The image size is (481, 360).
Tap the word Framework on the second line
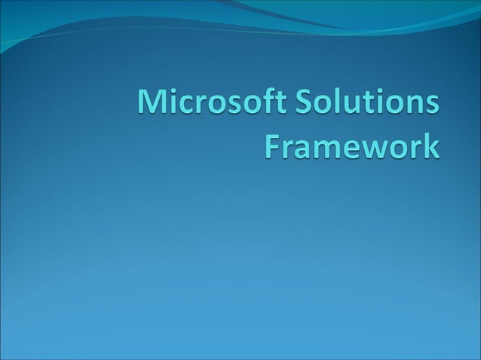coord(351,146)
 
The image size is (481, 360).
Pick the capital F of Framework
coord(274,146)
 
